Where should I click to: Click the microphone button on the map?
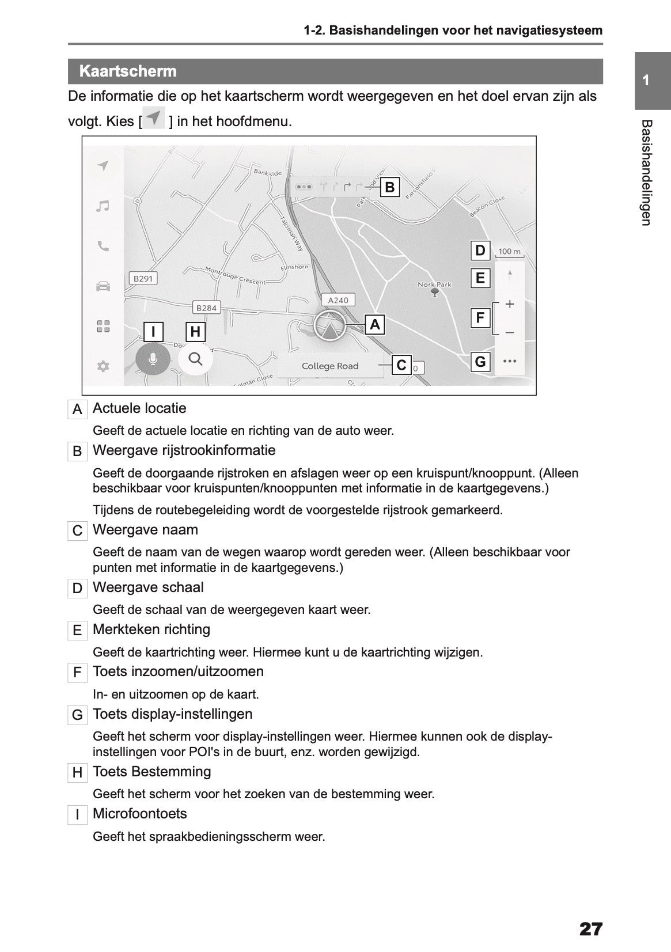153,359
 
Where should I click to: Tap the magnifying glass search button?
196,359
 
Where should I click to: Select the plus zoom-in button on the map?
509,304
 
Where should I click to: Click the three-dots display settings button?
509,362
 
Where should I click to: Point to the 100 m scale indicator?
509,252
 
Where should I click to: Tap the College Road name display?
330,366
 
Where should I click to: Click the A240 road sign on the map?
338,300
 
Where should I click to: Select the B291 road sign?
143,279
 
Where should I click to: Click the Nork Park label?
435,285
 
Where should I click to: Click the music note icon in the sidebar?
103,206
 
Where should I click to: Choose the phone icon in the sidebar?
103,246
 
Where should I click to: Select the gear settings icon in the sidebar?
103,366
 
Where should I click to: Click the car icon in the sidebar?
103,286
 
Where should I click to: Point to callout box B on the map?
390,187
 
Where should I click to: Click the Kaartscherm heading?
128,71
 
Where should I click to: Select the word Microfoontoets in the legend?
140,814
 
